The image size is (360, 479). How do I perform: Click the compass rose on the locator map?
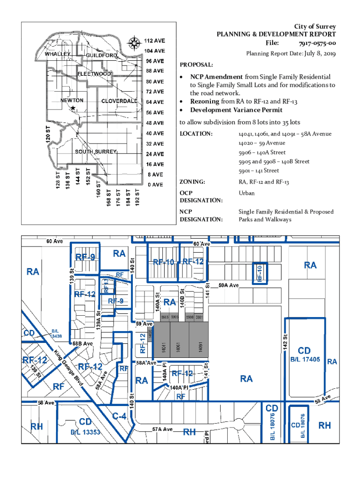click(x=134, y=44)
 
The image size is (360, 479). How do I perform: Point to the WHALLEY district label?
click(x=58, y=54)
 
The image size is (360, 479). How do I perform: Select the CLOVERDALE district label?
click(x=119, y=101)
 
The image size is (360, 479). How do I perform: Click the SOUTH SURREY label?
click(x=96, y=152)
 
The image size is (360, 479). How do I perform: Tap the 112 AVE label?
click(x=154, y=41)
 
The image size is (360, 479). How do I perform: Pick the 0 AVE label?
click(x=155, y=185)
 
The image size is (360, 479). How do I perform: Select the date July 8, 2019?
click(x=320, y=54)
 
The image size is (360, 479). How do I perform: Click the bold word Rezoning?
click(x=204, y=101)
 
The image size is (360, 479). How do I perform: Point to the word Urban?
click(x=246, y=193)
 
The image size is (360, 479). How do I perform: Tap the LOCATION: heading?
click(x=196, y=134)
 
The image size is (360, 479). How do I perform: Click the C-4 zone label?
click(x=119, y=415)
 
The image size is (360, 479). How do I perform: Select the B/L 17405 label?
click(x=305, y=359)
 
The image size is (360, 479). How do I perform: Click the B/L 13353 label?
click(x=86, y=432)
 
